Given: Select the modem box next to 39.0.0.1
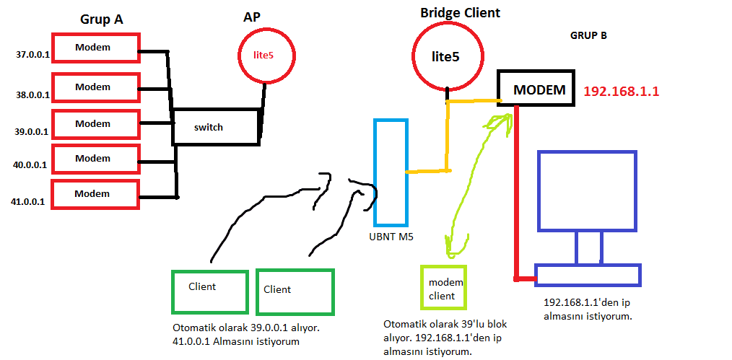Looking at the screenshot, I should pos(94,123).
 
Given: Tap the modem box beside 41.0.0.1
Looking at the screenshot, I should pos(94,194).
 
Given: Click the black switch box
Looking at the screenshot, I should pos(214,127).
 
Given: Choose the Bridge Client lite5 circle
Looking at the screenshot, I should pos(447,56).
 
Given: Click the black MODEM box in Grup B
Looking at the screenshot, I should pos(536,89).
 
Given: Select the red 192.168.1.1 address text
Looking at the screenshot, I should pos(621,92).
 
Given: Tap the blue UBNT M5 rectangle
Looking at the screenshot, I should pos(390,172).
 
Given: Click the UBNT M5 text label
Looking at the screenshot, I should pos(390,236).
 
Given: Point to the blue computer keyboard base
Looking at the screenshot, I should pos(588,275).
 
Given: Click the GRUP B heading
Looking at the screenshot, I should pos(588,35).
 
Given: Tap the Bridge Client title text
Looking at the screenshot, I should pos(461,13).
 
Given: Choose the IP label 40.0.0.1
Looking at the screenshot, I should pos(31,164).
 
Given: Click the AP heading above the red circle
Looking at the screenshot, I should pos(252,17).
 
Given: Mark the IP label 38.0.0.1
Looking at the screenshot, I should pos(33,95).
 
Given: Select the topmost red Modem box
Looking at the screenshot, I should pos(94,47).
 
